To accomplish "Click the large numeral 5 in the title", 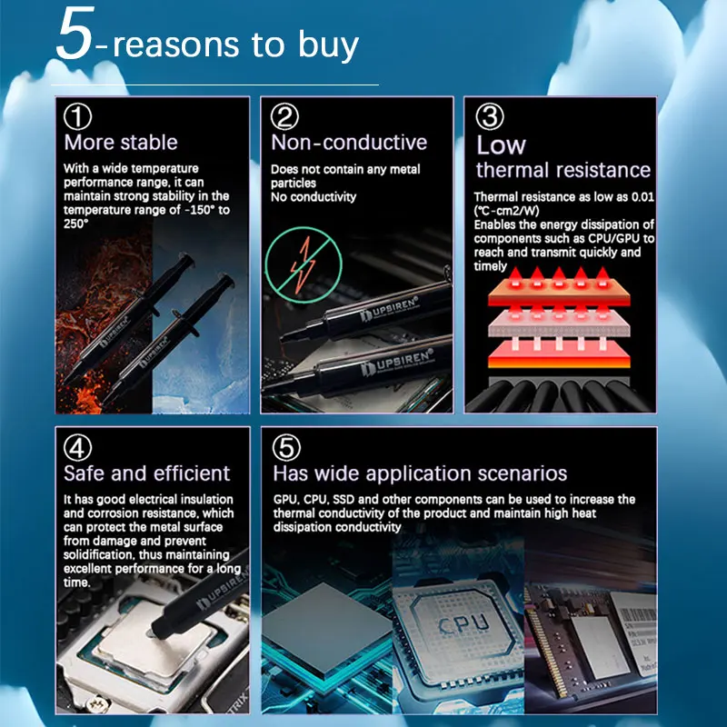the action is (x=75, y=34).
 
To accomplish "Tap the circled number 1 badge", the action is (x=77, y=117).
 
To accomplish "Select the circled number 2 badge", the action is (x=284, y=117).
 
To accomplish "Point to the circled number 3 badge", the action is (x=490, y=117).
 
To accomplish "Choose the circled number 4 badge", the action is (x=77, y=447).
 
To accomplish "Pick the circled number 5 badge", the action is (x=286, y=447).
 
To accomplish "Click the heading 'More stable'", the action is (x=121, y=143).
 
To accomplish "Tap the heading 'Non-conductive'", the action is (x=349, y=143).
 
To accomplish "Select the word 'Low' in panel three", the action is (x=501, y=144).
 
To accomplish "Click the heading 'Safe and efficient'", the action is (x=146, y=473).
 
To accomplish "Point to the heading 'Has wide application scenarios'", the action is (x=420, y=473).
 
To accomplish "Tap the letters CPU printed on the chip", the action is (x=463, y=623).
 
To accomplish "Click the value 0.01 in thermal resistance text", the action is (x=642, y=197).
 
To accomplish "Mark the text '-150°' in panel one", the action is (x=199, y=210).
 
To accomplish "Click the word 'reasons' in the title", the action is (x=176, y=45).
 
